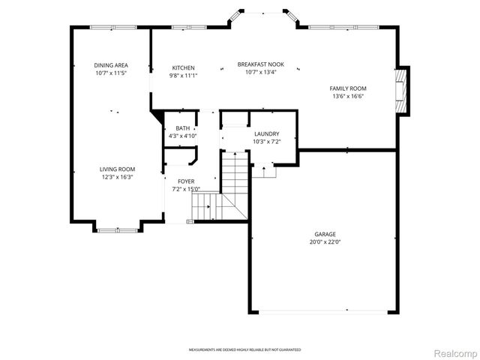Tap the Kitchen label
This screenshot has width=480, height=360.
tap(183, 68)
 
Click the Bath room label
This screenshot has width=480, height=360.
tap(182, 129)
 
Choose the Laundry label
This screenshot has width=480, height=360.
tap(266, 134)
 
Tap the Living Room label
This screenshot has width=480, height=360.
tap(117, 169)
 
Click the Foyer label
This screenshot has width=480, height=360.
tap(186, 181)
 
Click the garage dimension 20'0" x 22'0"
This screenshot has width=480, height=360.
tap(325, 242)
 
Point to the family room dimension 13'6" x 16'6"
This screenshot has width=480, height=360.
tap(347, 97)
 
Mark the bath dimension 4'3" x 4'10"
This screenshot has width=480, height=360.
tap(182, 136)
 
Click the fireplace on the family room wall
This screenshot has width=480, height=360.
tap(403, 91)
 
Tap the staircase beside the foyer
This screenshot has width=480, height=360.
tap(234, 180)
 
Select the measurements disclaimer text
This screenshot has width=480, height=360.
tap(239, 350)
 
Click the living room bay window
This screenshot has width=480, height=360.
tap(117, 229)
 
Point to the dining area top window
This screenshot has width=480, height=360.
tap(112, 28)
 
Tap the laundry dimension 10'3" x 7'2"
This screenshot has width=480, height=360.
tap(266, 142)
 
